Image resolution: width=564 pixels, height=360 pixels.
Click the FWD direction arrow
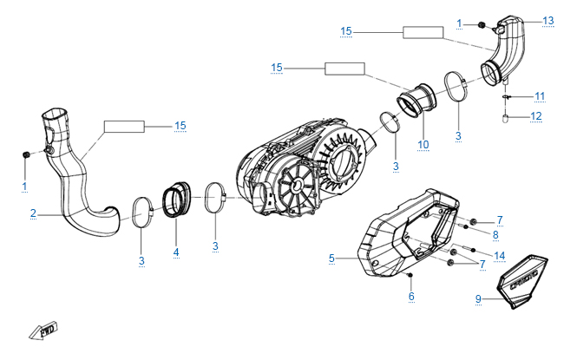[43, 330]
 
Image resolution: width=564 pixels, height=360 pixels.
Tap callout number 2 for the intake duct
[34, 213]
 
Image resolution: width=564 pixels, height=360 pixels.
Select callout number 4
[176, 252]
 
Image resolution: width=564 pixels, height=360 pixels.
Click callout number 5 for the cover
[331, 259]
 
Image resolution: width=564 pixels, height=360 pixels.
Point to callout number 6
[411, 297]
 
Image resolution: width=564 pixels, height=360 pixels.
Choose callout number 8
[495, 235]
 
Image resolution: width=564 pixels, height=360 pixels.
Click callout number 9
[478, 299]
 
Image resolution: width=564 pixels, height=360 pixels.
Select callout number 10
[423, 145]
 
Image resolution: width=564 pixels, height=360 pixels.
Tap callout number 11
[540, 96]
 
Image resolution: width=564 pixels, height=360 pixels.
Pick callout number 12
[536, 116]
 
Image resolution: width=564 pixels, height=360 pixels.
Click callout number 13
[548, 21]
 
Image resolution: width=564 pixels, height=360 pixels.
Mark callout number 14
[500, 256]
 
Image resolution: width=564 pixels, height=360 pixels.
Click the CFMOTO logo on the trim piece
[524, 280]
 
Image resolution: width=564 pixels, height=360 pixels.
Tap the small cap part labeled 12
[505, 118]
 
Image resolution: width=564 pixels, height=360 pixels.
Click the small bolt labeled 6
[410, 275]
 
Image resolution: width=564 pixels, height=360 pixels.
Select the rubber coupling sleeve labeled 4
[176, 200]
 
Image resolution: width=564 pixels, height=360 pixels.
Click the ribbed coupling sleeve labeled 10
[416, 101]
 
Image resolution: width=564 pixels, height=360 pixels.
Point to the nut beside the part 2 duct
[26, 154]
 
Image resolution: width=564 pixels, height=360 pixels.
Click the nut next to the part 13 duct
[482, 25]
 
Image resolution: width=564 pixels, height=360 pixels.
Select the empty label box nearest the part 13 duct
[423, 32]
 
